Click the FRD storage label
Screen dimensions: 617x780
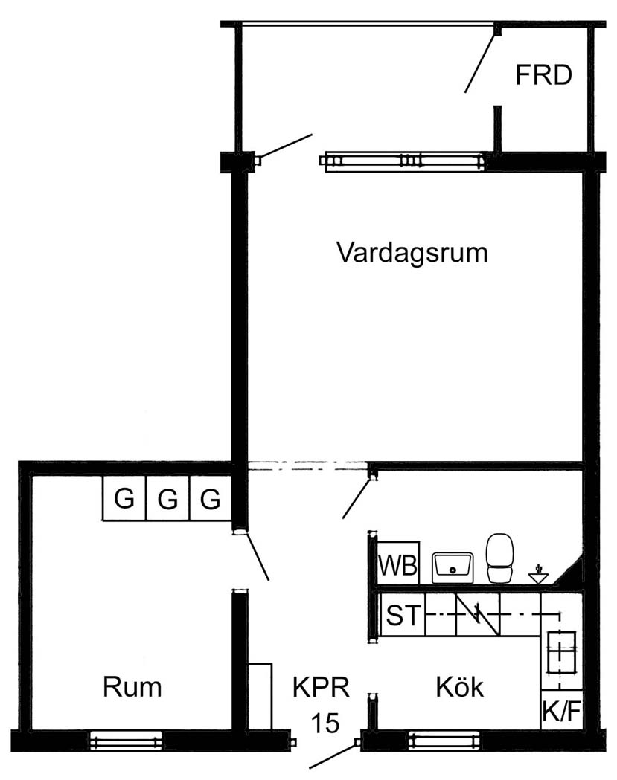tap(543, 75)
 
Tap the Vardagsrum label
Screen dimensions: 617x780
tap(412, 253)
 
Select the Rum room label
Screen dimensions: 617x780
tap(132, 687)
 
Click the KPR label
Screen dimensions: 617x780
tap(321, 688)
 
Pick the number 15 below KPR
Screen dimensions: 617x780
tap(325, 723)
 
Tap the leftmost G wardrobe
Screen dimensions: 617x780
tap(124, 498)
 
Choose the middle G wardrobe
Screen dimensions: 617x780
tap(167, 498)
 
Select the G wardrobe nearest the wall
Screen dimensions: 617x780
tap(211, 498)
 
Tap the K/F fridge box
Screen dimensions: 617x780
tap(562, 710)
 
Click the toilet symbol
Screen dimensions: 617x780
tap(499, 558)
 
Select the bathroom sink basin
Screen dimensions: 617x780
tap(453, 567)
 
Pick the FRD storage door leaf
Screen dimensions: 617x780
tap(480, 59)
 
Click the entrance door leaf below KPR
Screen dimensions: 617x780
tap(333, 755)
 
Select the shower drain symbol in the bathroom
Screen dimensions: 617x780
tap(539, 575)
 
